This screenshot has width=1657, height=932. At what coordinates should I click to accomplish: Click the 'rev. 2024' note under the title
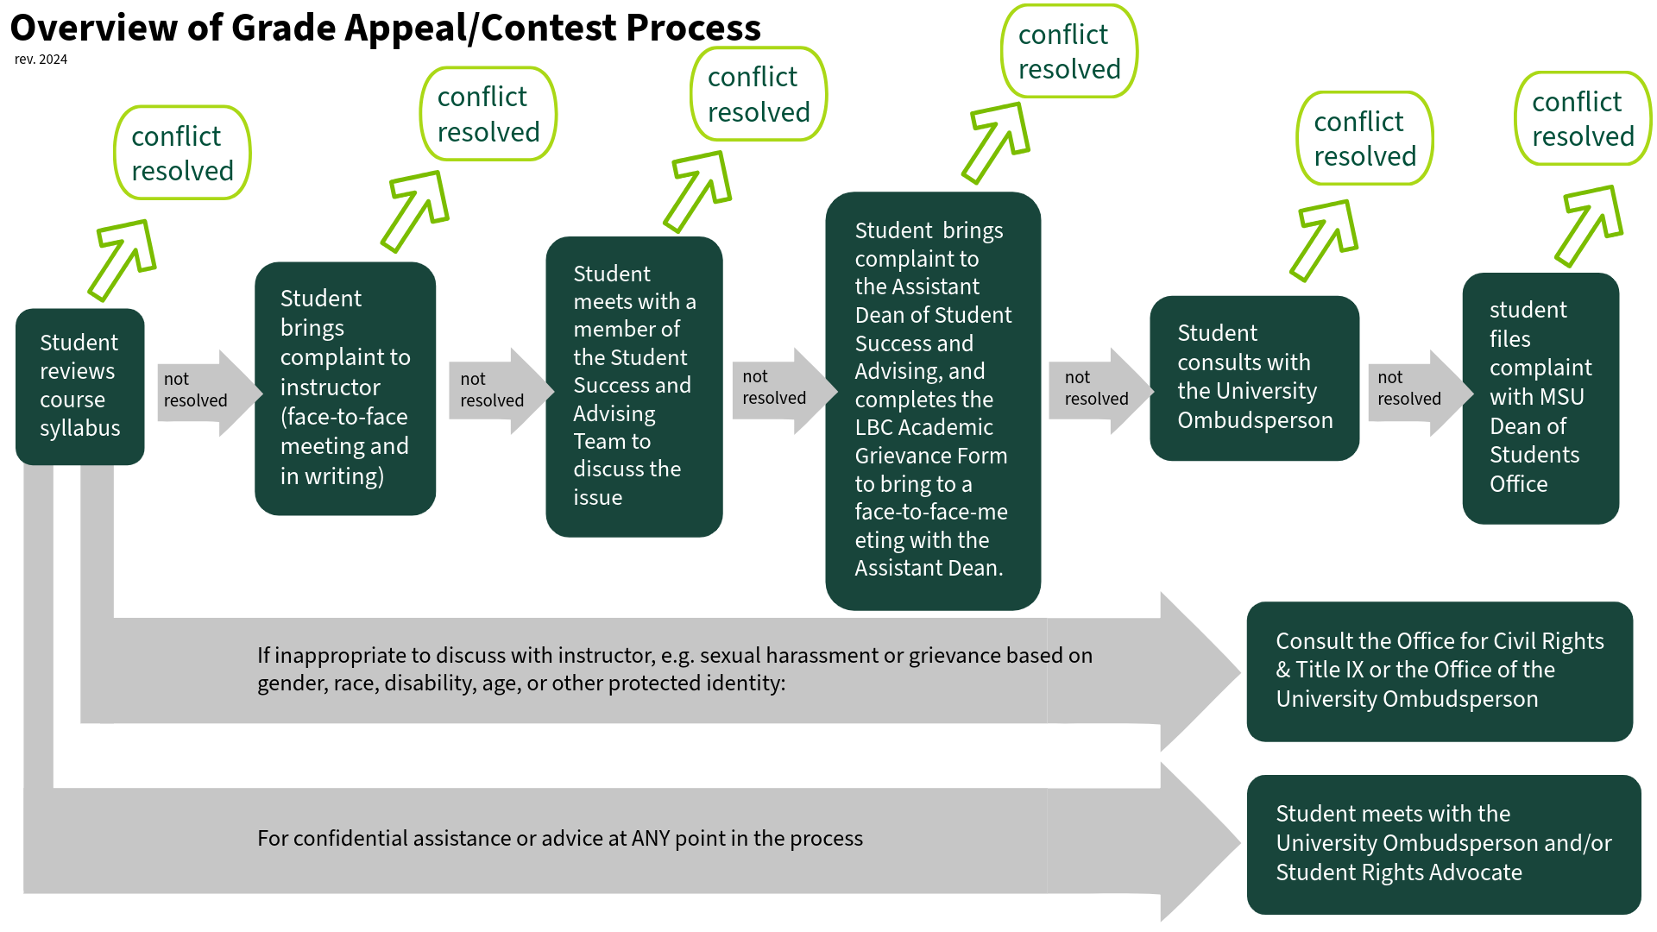click(41, 60)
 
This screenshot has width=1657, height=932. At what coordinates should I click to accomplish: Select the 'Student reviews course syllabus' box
click(79, 386)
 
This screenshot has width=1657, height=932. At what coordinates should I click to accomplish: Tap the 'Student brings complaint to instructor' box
click(344, 387)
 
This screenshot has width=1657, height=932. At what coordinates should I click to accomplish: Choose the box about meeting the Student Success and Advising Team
click(633, 386)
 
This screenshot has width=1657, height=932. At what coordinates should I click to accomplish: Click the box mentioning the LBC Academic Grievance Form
click(932, 400)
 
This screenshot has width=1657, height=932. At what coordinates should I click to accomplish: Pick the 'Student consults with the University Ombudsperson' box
click(1254, 377)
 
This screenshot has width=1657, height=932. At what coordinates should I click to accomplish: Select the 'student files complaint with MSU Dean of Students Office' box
click(1540, 397)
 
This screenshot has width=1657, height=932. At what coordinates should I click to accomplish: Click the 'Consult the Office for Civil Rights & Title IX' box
click(1439, 671)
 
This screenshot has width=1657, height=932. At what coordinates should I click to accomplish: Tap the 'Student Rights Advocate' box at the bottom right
click(1443, 843)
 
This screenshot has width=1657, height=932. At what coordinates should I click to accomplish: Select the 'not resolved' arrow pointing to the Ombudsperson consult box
click(1098, 389)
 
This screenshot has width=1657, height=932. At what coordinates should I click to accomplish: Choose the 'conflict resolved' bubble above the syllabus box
click(182, 154)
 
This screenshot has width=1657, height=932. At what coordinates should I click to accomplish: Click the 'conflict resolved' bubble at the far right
click(1582, 119)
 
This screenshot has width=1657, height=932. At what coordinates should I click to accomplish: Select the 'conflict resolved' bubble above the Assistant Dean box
click(1068, 52)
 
